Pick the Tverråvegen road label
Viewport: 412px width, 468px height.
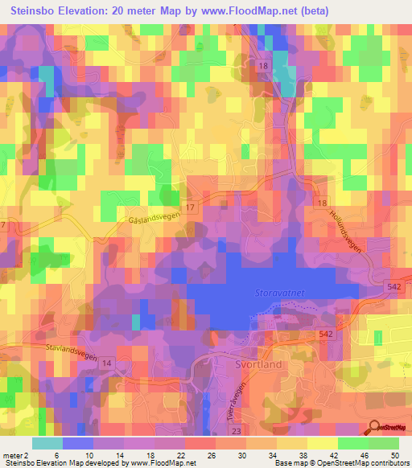click(x=236, y=396)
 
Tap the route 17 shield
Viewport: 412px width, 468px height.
click(x=190, y=207)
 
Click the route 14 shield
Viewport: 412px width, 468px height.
click(x=107, y=363)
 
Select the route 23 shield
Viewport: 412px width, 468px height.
click(x=235, y=431)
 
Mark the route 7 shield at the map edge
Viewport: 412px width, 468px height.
click(x=3, y=224)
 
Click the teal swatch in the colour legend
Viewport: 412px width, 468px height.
click(x=47, y=443)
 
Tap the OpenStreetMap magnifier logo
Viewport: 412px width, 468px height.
click(x=374, y=427)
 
